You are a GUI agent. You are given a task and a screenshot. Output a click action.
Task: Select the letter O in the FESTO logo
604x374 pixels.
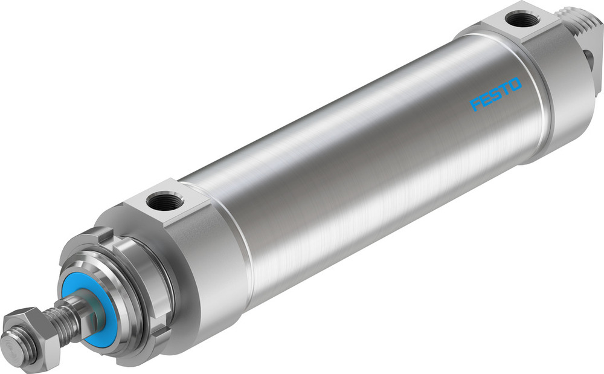(x=515, y=85)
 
